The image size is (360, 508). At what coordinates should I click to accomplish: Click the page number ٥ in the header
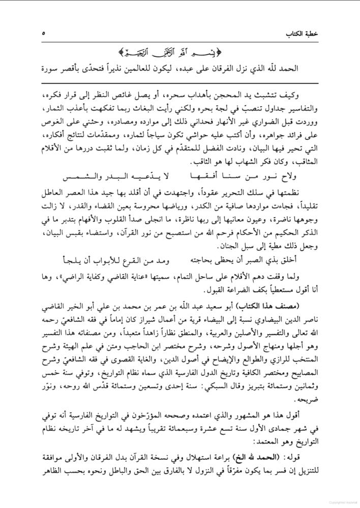point(44,34)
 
